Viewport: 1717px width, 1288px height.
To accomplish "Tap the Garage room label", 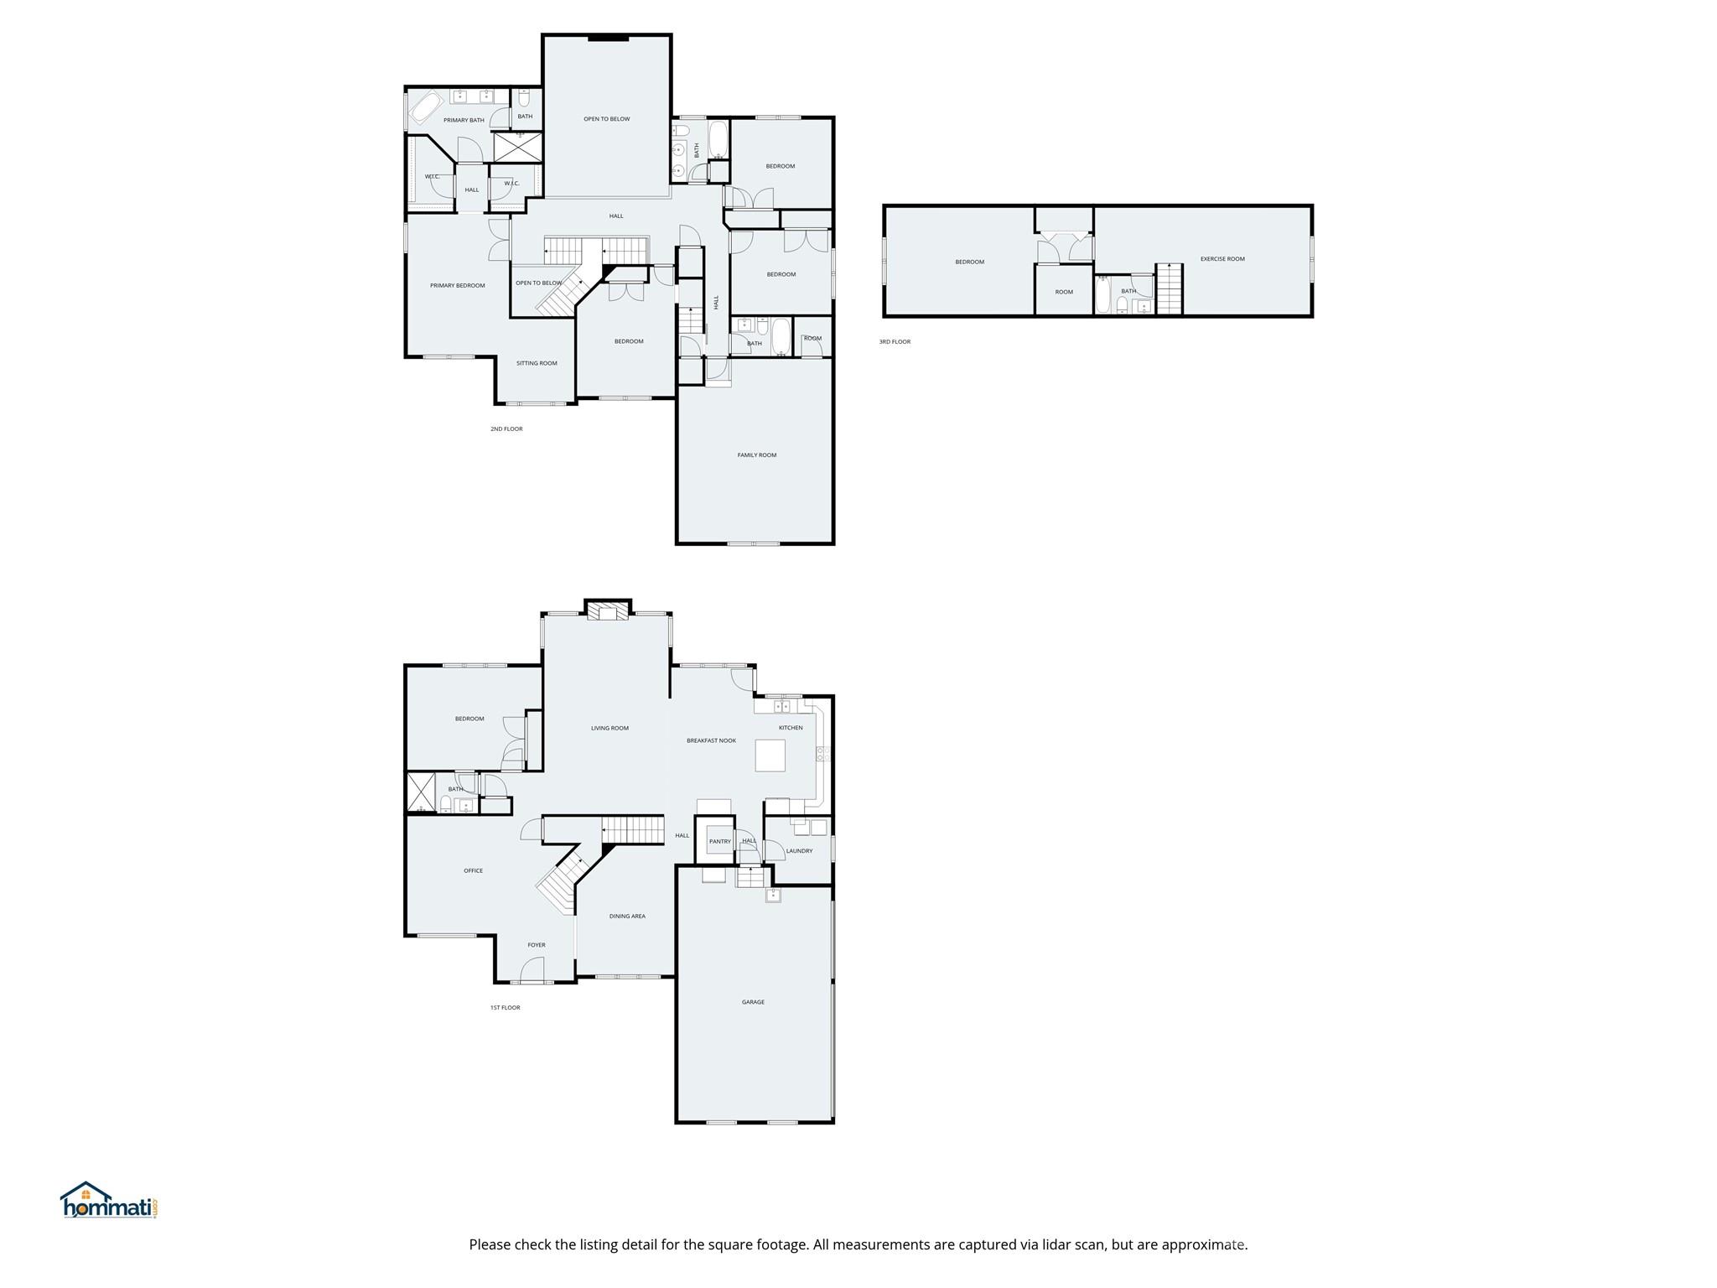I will [753, 1002].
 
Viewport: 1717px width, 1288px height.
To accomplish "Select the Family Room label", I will [756, 455].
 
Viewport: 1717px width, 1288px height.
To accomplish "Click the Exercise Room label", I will [1222, 259].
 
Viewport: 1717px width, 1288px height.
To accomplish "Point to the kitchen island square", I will [770, 755].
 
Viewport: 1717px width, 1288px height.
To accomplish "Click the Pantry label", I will [719, 841].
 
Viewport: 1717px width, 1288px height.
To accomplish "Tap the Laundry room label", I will [799, 851].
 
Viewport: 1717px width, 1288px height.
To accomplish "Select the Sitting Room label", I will [537, 363].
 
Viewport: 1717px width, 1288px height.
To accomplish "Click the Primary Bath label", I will [464, 120].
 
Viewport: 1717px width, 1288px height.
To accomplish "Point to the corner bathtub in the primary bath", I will [426, 109].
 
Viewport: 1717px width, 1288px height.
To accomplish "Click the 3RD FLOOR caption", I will [895, 342].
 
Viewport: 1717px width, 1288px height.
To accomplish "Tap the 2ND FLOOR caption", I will [506, 429].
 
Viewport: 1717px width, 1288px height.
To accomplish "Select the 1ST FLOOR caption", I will [505, 1008].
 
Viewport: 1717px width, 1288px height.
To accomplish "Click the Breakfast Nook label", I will [711, 740].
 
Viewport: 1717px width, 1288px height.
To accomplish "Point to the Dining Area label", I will [627, 917].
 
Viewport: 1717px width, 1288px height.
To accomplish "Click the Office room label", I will [473, 871].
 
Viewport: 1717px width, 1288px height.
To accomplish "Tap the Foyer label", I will [537, 945].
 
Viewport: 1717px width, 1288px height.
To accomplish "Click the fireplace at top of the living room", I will [607, 612].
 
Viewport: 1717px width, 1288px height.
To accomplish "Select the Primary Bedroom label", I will [457, 286].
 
